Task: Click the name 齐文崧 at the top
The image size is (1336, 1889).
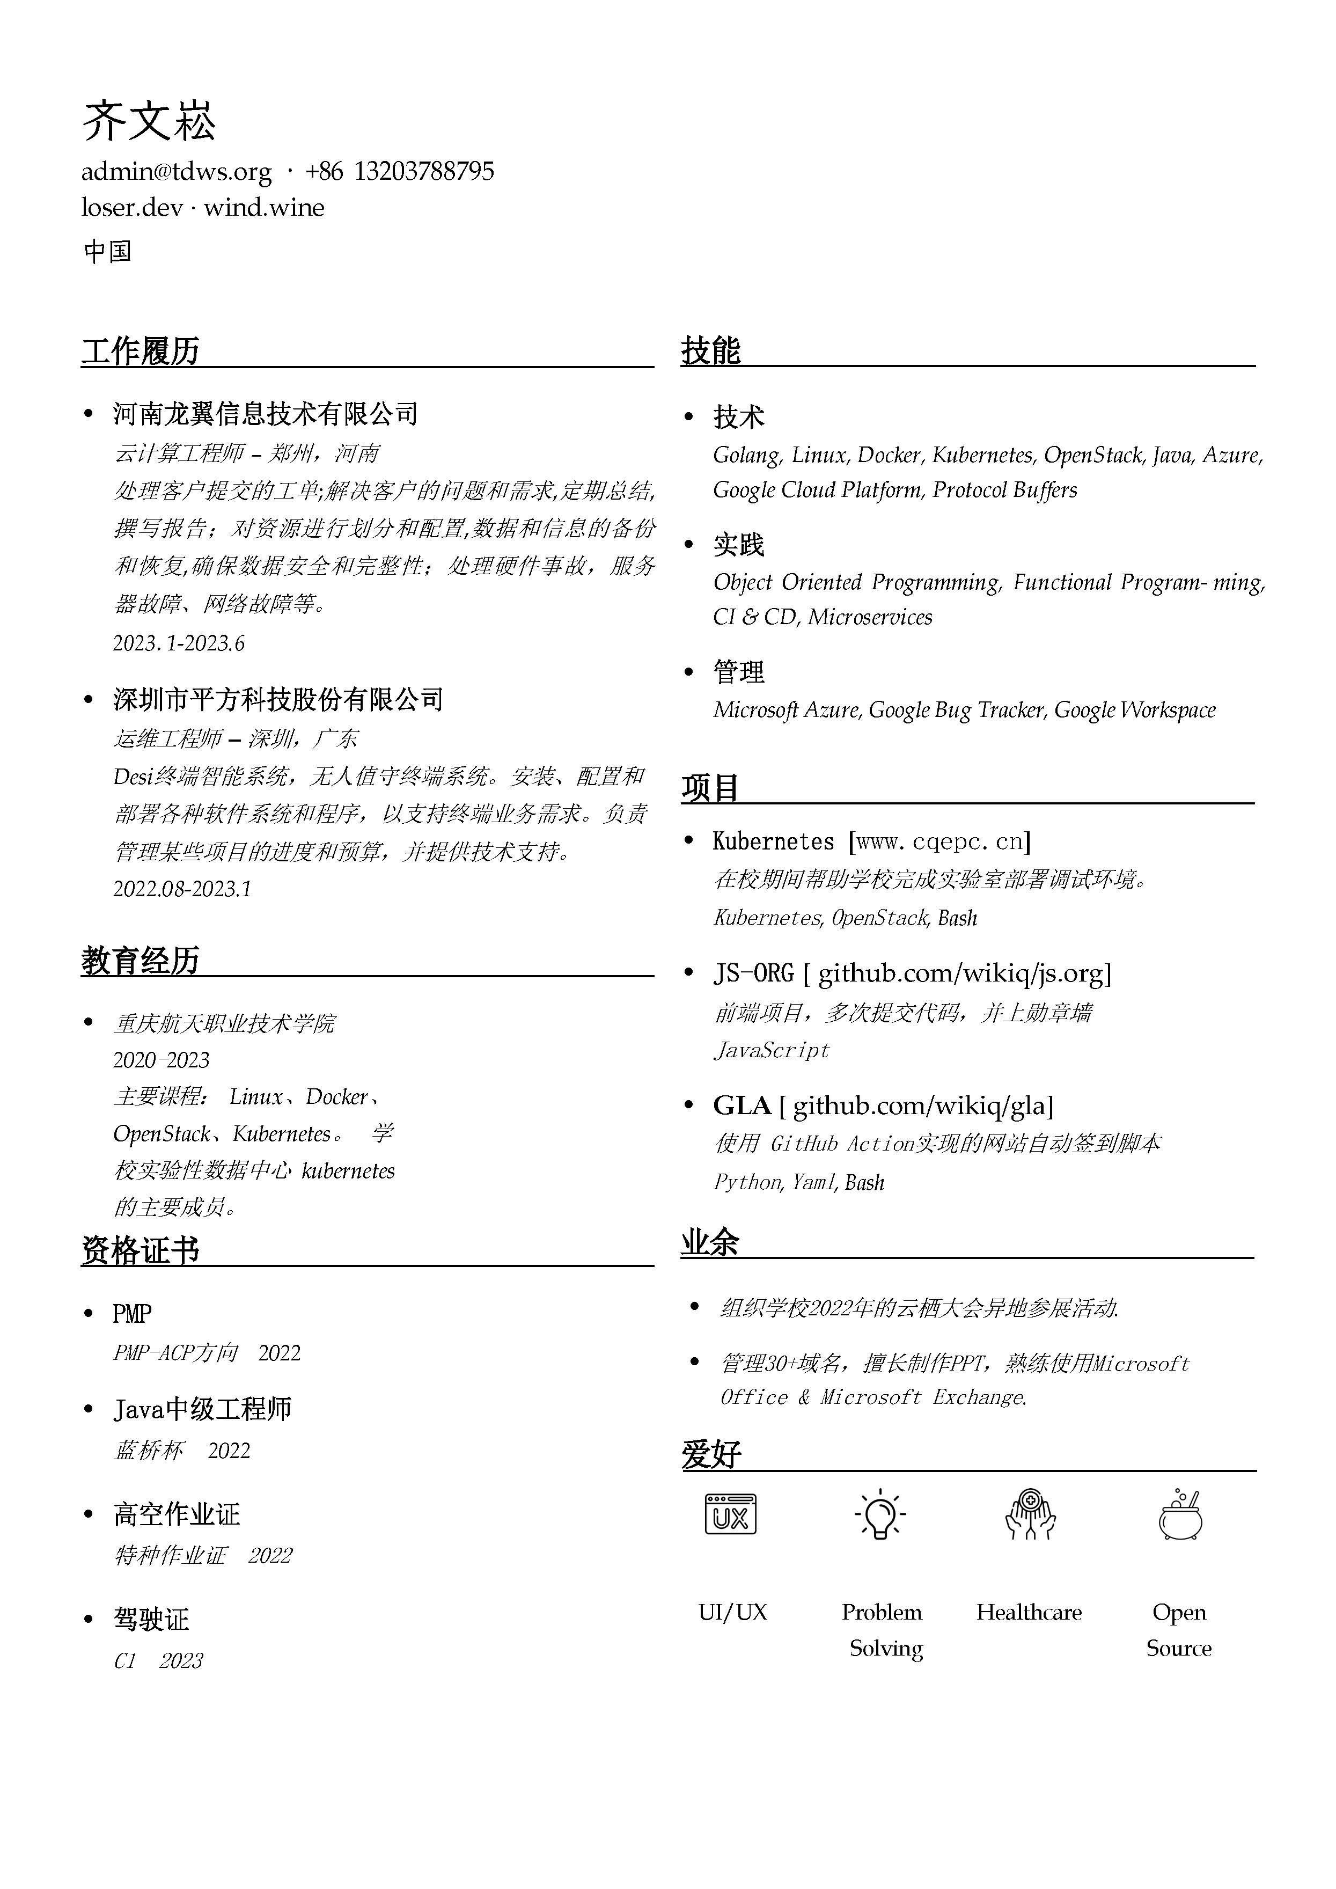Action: [149, 122]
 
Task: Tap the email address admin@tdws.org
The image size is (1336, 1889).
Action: [176, 172]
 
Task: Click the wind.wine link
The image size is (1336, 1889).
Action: [264, 207]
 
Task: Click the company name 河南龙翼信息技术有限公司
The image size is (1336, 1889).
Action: [265, 414]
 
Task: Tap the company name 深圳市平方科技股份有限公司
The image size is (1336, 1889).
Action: [278, 699]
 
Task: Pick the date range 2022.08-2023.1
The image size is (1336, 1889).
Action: [182, 889]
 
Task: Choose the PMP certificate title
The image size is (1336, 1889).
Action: [131, 1314]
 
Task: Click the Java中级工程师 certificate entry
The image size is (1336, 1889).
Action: [202, 1409]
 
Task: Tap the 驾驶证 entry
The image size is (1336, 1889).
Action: [151, 1619]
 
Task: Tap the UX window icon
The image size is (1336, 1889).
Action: [731, 1514]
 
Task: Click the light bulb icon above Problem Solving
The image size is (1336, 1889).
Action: [880, 1514]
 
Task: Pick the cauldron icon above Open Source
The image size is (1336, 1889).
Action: [1180, 1514]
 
